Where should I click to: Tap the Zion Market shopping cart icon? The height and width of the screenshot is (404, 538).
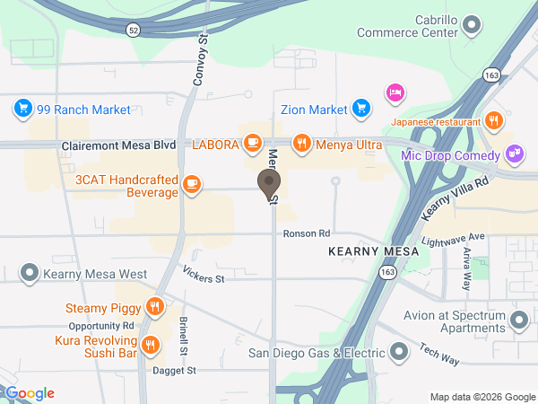[361, 110]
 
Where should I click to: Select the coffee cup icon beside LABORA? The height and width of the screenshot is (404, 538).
[253, 143]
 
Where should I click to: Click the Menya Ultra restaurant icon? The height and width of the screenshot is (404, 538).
[302, 143]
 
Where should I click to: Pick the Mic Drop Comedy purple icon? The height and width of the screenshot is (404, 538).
[514, 153]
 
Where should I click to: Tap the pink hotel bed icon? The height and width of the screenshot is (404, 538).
[395, 92]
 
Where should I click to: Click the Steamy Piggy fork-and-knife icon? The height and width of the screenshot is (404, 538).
[155, 308]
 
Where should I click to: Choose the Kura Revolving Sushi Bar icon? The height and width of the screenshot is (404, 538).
[152, 343]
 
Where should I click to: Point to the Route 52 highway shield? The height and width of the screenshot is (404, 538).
[133, 30]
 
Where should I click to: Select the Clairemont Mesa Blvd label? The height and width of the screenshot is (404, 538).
[118, 145]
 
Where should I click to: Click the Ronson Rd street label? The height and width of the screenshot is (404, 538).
[307, 233]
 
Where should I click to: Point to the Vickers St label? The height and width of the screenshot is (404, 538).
[202, 274]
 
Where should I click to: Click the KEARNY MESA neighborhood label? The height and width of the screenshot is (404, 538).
[373, 253]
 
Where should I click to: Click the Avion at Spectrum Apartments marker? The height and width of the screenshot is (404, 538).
[518, 320]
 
